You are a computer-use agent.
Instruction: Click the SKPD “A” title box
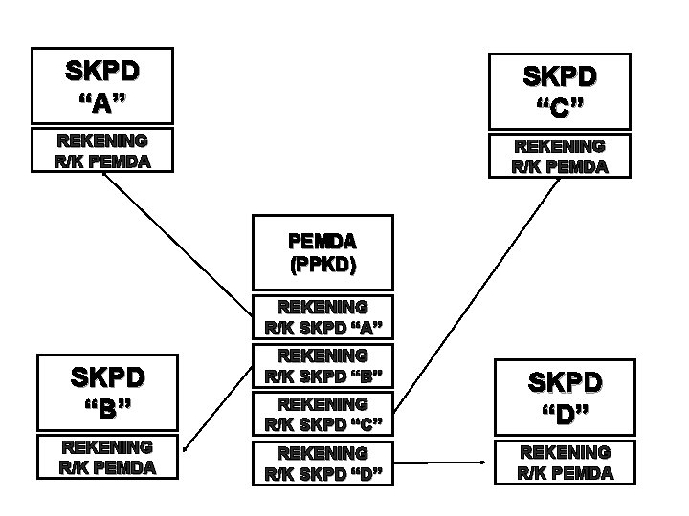[102, 86]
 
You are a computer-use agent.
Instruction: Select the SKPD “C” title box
[560, 90]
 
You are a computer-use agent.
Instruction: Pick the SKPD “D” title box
[566, 398]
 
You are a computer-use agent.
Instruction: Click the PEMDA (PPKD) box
[322, 252]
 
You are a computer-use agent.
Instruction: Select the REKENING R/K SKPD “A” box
[322, 318]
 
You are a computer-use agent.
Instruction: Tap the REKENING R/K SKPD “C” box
[322, 414]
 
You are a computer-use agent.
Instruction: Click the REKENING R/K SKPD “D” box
[322, 462]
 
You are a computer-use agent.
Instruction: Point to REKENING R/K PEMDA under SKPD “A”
[102, 150]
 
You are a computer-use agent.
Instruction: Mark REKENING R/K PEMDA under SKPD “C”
[560, 155]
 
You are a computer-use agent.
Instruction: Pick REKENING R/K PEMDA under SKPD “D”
[564, 462]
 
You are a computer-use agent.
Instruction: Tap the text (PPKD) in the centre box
[322, 266]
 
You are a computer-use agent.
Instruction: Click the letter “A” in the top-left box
[101, 101]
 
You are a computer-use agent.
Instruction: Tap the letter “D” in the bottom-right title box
[565, 417]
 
